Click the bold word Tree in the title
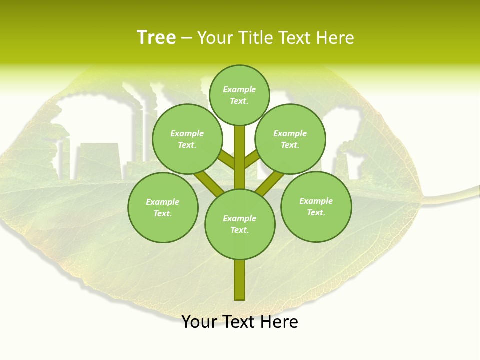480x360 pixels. coord(156,37)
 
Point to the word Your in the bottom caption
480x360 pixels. coord(199,322)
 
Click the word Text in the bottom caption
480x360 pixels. coord(238,322)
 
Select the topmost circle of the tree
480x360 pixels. coord(239,95)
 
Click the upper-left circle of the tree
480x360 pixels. coord(187,139)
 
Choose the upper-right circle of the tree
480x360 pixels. coord(290,139)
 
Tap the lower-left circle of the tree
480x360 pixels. coord(163,207)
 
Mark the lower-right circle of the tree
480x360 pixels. coord(316,206)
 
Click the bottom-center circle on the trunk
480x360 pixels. coord(240,224)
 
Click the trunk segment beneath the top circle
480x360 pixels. coord(240,150)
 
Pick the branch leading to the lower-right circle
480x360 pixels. coord(270,182)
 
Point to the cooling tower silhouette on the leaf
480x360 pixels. coord(97,160)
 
